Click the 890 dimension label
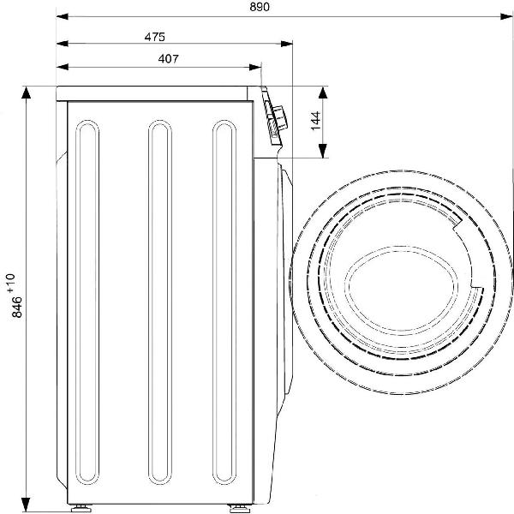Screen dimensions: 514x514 tap(260, 7)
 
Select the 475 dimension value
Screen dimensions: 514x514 tap(155, 37)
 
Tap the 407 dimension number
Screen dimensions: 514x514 tap(169, 58)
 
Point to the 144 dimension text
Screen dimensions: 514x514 tap(315, 121)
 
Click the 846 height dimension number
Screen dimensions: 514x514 tap(17, 308)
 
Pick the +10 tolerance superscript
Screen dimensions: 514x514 tap(10, 283)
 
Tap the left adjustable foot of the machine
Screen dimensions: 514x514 tap(81, 509)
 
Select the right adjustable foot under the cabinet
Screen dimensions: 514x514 tap(240, 509)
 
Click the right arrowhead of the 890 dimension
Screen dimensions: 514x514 tap(506, 16)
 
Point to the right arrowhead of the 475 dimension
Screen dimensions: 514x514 tap(287, 44)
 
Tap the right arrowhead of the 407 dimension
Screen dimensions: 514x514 tap(255, 67)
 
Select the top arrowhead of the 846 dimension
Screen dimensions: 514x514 tap(26, 93)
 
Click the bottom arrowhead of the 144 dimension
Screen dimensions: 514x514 tap(323, 151)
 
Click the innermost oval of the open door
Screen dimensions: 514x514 tap(403, 290)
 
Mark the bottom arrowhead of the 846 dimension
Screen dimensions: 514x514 tap(26, 505)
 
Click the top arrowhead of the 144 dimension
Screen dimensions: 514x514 tap(323, 93)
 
